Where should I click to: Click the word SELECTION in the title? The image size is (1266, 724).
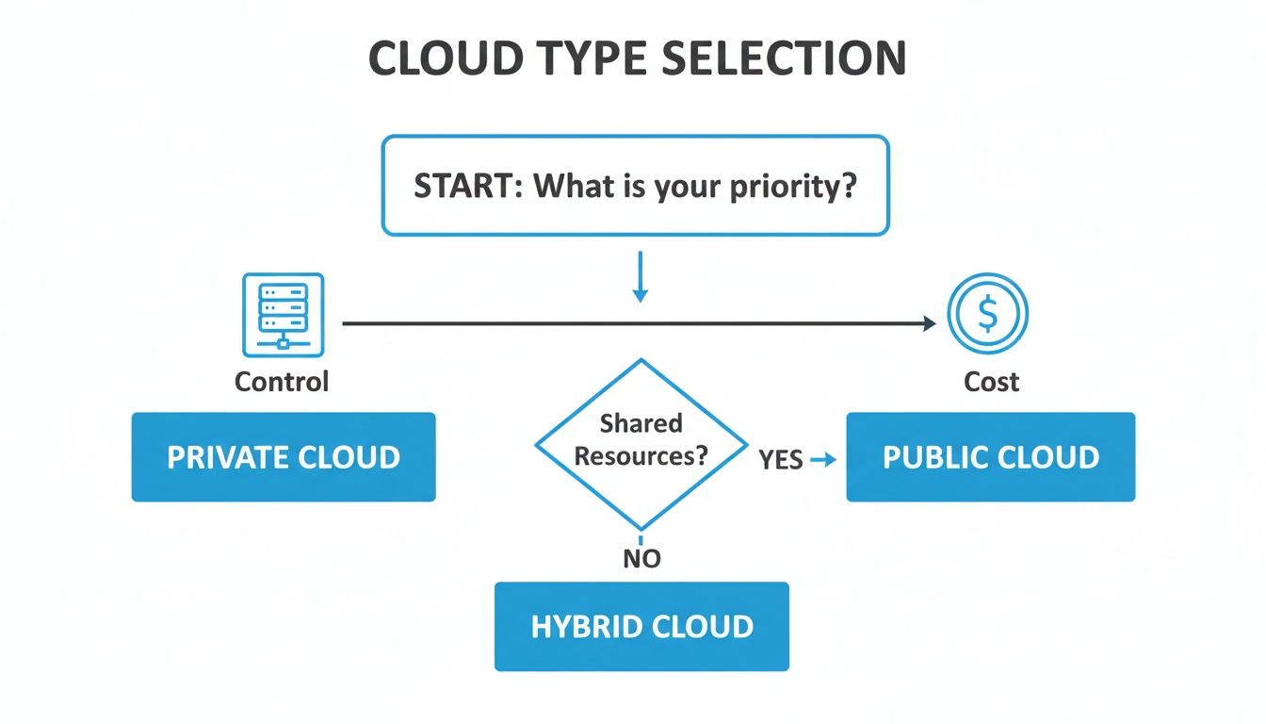click(785, 59)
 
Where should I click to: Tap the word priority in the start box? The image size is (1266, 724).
click(793, 185)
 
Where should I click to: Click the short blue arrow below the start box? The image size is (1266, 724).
click(641, 277)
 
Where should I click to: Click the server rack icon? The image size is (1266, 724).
click(283, 315)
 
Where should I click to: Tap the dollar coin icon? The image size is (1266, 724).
click(987, 315)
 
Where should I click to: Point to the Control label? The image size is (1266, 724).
click(282, 382)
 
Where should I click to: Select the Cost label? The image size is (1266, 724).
click(991, 382)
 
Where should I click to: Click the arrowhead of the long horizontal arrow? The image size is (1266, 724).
click(929, 323)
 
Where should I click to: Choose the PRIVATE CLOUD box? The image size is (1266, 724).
click(284, 457)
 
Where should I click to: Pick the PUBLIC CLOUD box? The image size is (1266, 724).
click(991, 457)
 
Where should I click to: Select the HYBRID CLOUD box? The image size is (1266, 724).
click(641, 627)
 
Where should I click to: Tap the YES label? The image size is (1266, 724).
click(781, 460)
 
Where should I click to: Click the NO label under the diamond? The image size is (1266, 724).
click(641, 559)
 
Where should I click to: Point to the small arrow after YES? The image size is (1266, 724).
click(823, 460)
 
